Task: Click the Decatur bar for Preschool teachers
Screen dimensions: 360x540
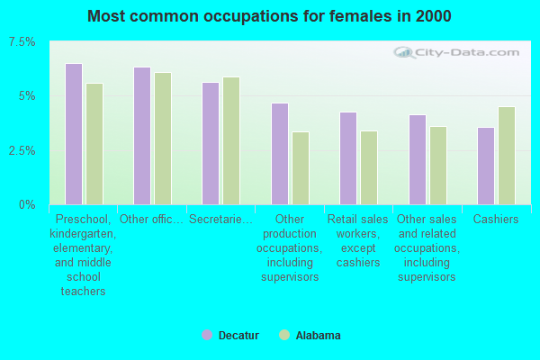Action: [x=74, y=134]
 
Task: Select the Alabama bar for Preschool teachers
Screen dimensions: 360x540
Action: [x=94, y=144]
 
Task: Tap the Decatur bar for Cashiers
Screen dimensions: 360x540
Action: [x=486, y=166]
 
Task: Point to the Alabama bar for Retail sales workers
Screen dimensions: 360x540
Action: [x=369, y=167]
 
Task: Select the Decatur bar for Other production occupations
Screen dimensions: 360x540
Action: [x=280, y=154]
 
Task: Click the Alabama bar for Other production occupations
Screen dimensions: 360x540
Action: [x=301, y=168]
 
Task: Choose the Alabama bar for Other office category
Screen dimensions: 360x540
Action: [x=163, y=139]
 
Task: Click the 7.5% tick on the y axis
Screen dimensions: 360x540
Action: [x=22, y=42]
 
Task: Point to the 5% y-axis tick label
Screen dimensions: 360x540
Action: [x=28, y=96]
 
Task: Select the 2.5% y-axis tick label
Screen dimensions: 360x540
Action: [x=22, y=150]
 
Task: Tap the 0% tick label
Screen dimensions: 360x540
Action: [x=28, y=204]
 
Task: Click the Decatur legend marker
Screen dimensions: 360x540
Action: [x=207, y=336]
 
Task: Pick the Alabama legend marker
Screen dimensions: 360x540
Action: [x=284, y=336]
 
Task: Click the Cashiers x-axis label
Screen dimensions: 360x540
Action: [x=496, y=219]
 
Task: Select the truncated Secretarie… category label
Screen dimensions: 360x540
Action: [x=220, y=219]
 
